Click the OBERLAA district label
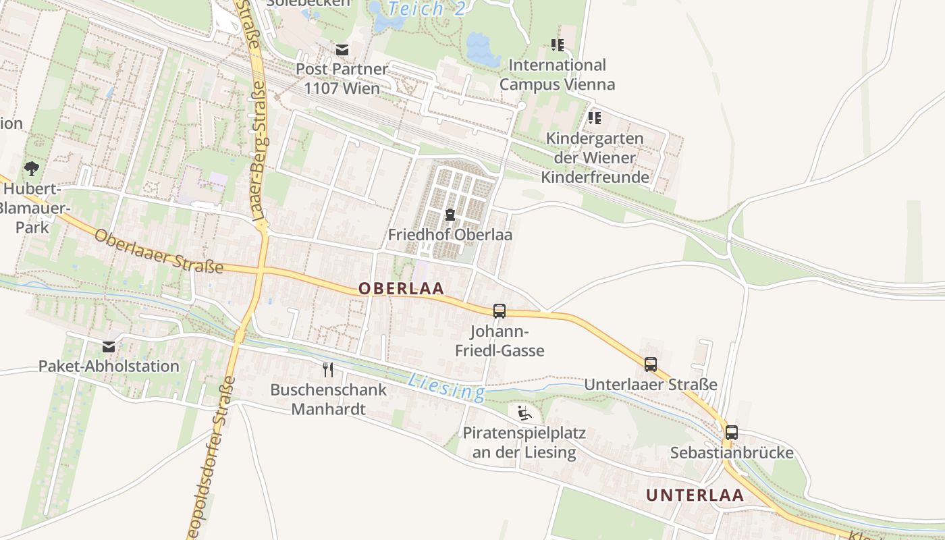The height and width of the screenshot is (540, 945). (401, 288)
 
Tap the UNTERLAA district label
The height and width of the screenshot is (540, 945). (695, 495)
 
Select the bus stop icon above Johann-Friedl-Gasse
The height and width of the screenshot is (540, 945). (500, 311)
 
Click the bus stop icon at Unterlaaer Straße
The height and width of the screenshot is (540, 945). (651, 364)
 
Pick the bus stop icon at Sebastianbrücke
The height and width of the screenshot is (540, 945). (731, 433)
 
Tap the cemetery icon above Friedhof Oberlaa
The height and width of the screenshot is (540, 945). (450, 215)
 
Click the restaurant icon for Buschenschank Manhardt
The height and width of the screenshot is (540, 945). (328, 370)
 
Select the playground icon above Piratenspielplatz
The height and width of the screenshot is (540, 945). (524, 413)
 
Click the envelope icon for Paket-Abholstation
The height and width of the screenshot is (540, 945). (109, 347)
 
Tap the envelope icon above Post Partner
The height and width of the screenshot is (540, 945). (342, 49)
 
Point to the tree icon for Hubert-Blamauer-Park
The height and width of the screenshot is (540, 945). (31, 168)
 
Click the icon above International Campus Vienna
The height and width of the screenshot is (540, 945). (557, 45)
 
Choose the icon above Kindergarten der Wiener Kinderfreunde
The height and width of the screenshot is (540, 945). (594, 118)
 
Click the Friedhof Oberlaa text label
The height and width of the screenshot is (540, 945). (450, 235)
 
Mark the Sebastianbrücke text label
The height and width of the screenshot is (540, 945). (731, 452)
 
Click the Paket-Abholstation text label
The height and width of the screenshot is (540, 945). (109, 367)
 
